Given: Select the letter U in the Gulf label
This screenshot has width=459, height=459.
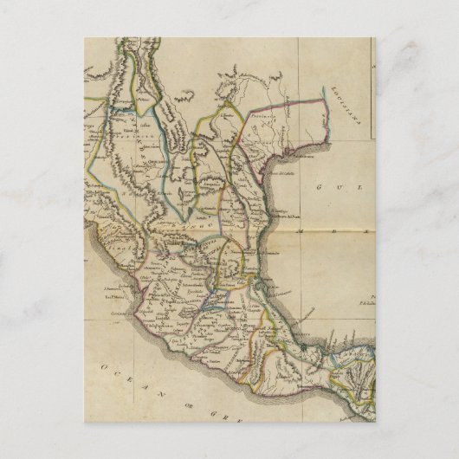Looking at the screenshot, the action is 335,186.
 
